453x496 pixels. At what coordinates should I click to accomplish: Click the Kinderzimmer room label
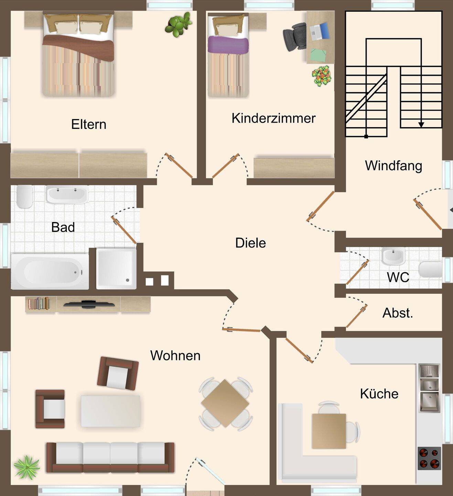click(273, 118)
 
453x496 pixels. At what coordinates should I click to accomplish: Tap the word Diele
click(250, 243)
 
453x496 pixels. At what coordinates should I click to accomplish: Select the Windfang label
click(393, 166)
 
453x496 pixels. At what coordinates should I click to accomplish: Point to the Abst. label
click(398, 313)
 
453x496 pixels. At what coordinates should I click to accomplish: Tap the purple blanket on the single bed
click(228, 45)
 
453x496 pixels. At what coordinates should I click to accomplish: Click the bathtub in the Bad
click(50, 271)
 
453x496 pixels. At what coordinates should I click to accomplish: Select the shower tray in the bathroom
click(116, 269)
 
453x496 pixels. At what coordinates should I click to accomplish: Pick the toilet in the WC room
click(430, 269)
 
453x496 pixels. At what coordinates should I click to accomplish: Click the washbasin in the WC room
click(393, 256)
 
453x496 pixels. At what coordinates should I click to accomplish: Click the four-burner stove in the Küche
click(429, 458)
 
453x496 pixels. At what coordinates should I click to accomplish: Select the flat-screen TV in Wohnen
click(89, 304)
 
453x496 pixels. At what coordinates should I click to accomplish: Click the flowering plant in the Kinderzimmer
click(321, 75)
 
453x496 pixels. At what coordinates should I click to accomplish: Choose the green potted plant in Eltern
click(178, 25)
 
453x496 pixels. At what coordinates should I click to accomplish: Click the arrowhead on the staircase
click(421, 125)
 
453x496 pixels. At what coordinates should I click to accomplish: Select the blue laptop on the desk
click(320, 31)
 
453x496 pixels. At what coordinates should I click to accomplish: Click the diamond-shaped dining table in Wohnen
click(225, 404)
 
